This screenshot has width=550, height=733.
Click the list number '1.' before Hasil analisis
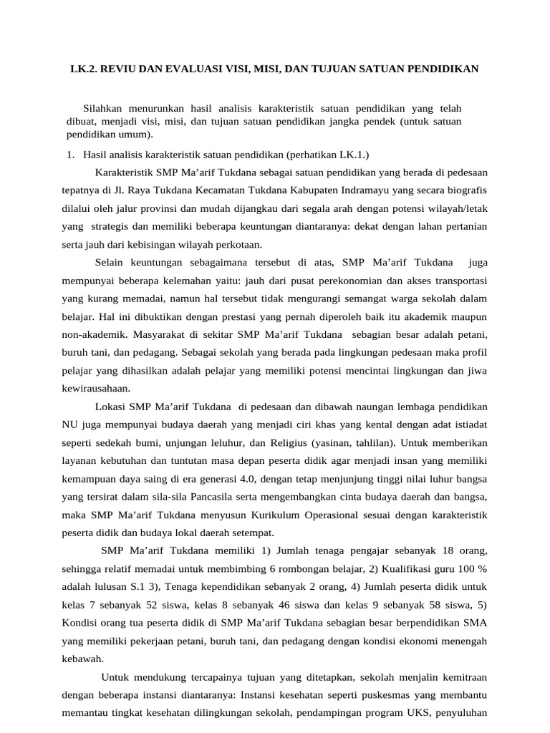pyautogui.click(x=70, y=155)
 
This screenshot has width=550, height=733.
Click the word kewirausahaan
pyautogui.click(x=97, y=389)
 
